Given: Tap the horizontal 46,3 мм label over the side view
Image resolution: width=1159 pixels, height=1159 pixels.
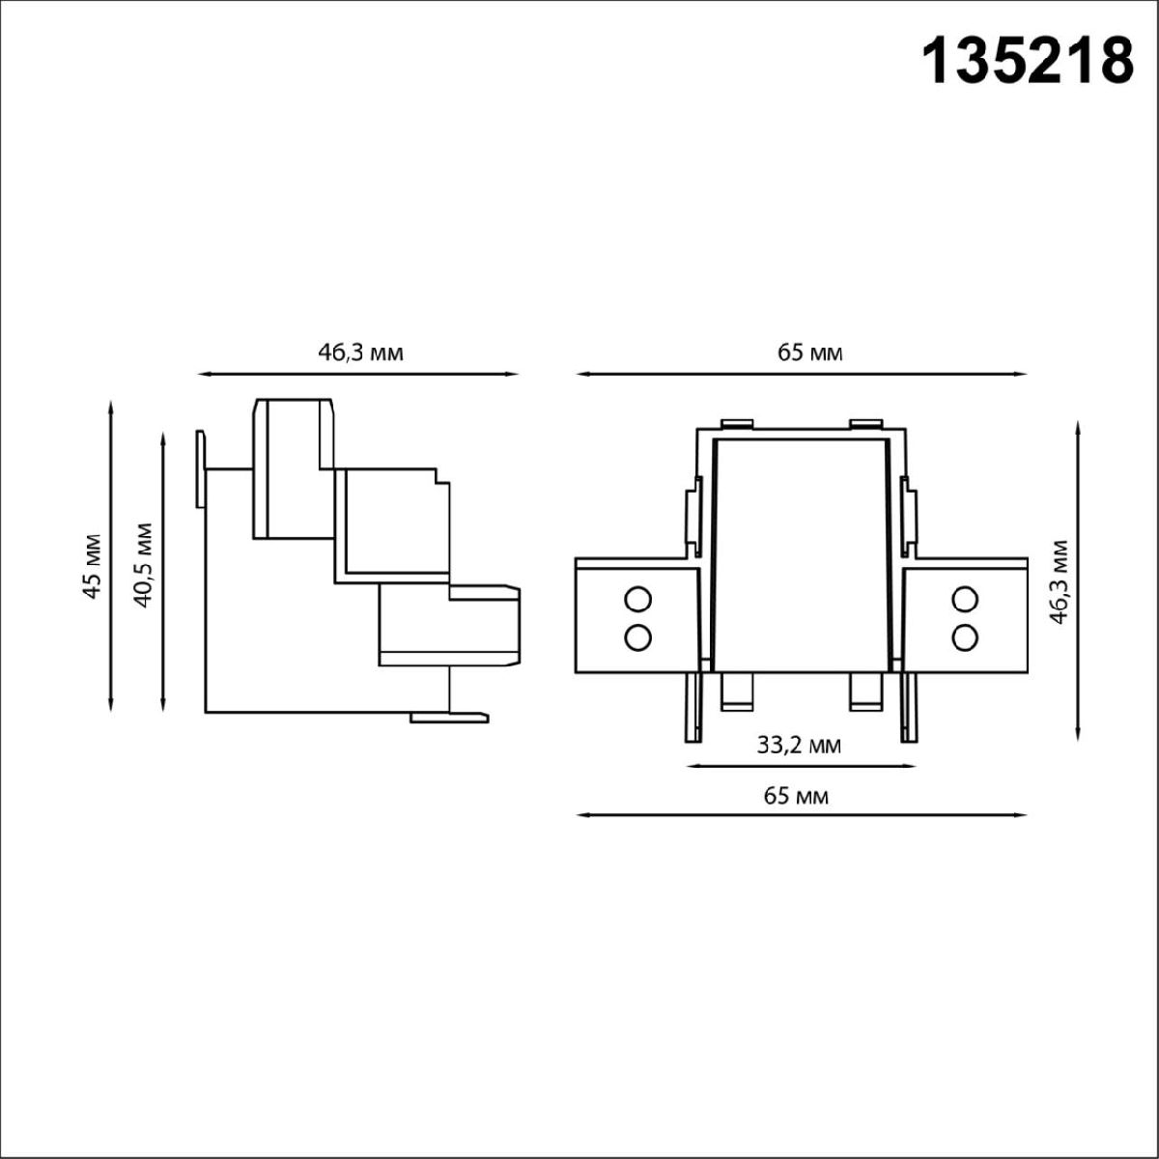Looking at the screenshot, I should [360, 353].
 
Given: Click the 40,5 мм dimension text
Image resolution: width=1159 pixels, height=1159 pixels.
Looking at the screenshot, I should [144, 564].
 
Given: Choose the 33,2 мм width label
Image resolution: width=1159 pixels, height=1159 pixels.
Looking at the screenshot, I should [798, 746].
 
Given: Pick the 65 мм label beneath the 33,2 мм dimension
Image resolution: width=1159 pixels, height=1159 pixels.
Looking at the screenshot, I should [796, 796].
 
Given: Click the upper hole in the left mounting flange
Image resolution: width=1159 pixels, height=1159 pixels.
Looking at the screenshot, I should [636, 600].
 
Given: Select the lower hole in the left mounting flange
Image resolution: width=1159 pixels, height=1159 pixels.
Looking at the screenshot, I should [636, 636].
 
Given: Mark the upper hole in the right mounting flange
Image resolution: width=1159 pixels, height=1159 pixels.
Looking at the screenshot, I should [963, 600].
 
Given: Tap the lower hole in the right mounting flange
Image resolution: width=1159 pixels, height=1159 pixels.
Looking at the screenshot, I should [963, 636].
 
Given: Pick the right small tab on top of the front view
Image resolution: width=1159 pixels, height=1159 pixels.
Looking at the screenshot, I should [866, 423].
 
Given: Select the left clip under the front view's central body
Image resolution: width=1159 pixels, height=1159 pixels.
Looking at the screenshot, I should [736, 691].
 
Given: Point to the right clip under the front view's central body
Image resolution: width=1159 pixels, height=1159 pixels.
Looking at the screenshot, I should [865, 691].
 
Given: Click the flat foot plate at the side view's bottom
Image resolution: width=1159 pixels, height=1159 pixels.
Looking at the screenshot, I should [449, 717].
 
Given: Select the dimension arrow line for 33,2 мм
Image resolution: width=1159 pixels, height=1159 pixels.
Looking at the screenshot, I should [800, 767].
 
